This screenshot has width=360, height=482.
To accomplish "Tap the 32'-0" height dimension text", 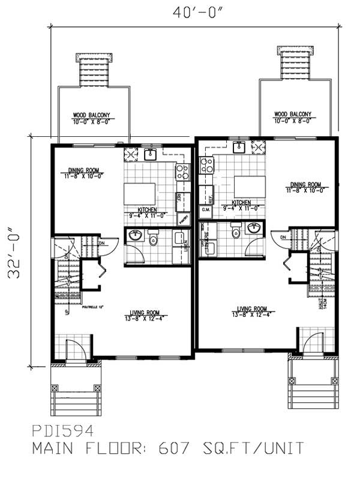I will click(17, 250).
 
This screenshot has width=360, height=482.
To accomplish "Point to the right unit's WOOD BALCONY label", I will click(292, 114).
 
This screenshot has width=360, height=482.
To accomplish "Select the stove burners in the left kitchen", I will click(182, 172).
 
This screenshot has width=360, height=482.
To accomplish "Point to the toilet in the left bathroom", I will click(154, 239).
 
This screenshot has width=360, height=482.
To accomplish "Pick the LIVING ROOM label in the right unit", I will click(251, 309).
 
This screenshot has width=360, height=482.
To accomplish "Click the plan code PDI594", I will click(62, 430).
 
